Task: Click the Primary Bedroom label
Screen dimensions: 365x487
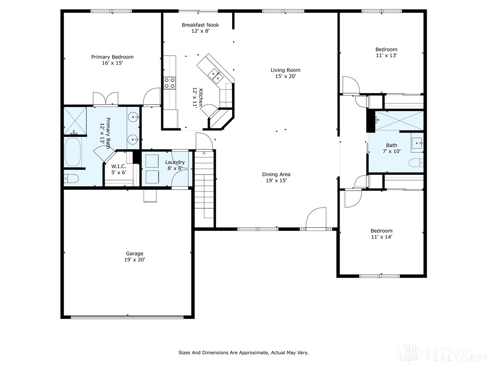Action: tap(112, 60)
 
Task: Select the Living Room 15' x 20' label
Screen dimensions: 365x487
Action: tap(285, 73)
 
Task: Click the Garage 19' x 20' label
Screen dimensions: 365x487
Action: tap(135, 257)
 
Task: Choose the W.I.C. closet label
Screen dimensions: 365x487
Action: tap(118, 169)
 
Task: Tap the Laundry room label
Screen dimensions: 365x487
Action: tap(175, 165)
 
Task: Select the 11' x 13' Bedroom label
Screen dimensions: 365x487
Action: tap(386, 52)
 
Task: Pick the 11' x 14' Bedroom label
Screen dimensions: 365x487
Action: tap(381, 233)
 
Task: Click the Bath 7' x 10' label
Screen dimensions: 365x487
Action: tap(392, 148)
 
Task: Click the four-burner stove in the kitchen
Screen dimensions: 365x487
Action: tap(169, 83)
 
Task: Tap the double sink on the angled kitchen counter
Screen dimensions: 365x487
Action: tap(214, 74)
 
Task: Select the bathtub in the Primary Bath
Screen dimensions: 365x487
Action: tap(73, 152)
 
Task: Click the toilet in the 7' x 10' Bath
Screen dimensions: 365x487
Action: tap(416, 163)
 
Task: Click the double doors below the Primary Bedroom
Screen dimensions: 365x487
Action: tap(106, 99)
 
